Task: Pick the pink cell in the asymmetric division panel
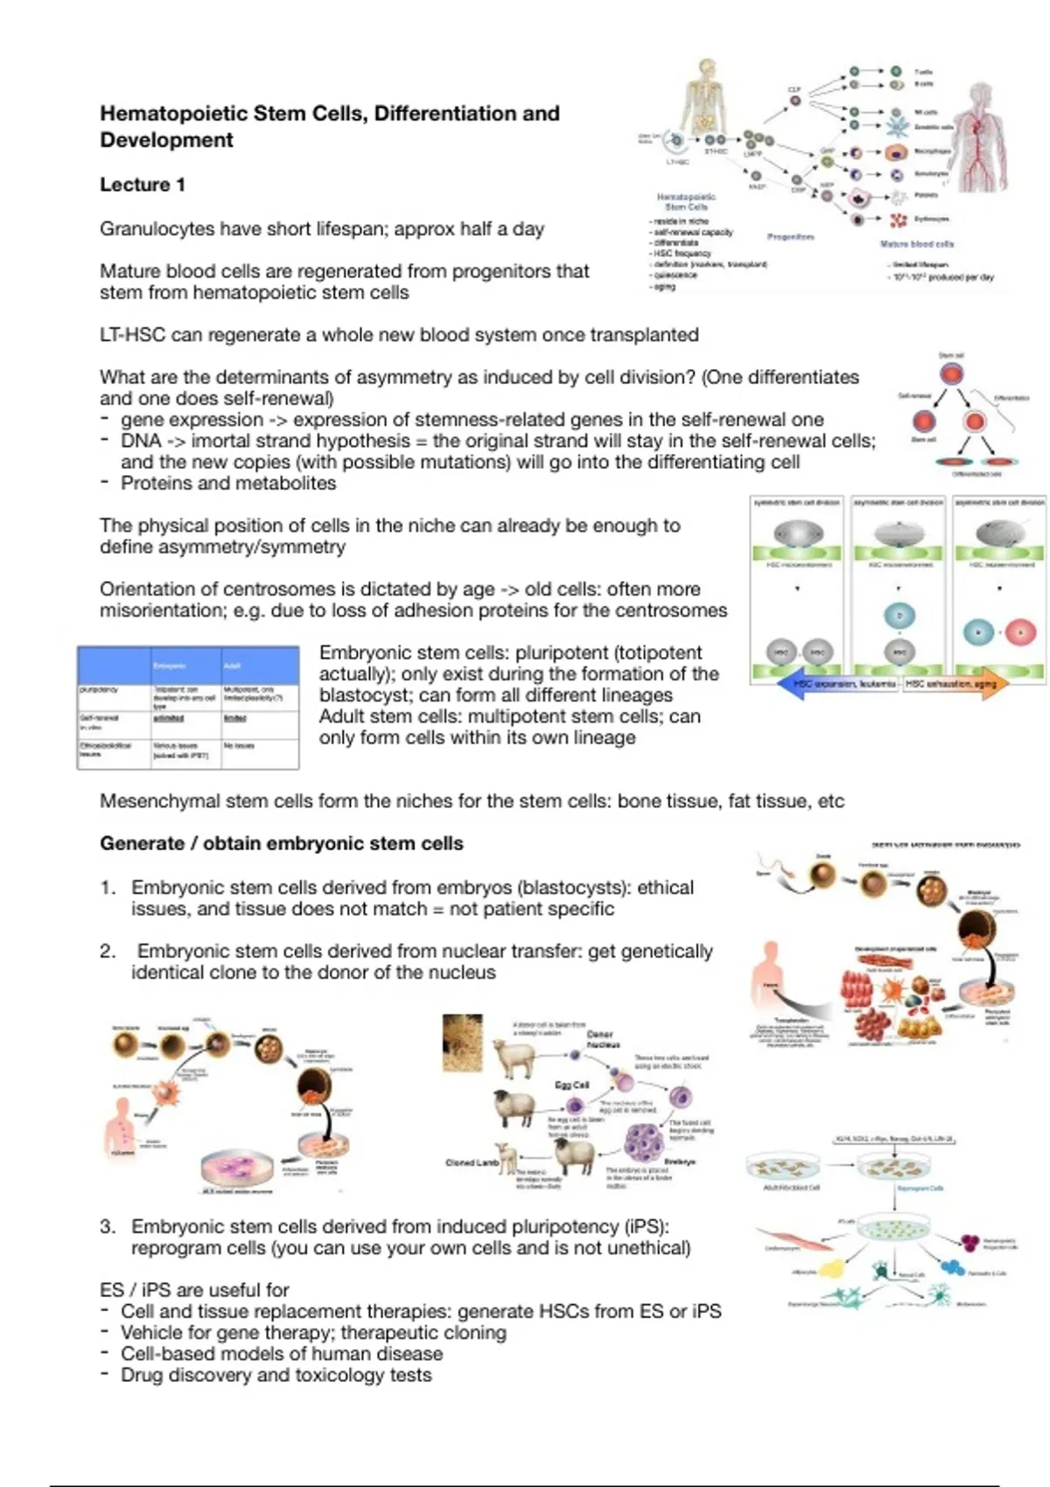(1020, 632)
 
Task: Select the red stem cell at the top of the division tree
(951, 374)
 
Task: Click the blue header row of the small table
(188, 666)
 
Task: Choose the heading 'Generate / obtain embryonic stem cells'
(282, 844)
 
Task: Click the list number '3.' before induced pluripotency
(108, 1227)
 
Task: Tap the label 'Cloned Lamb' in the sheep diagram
(472, 1162)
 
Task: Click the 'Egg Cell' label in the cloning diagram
(572, 1085)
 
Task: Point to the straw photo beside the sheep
(463, 1043)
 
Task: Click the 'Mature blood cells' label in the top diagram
(917, 244)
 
